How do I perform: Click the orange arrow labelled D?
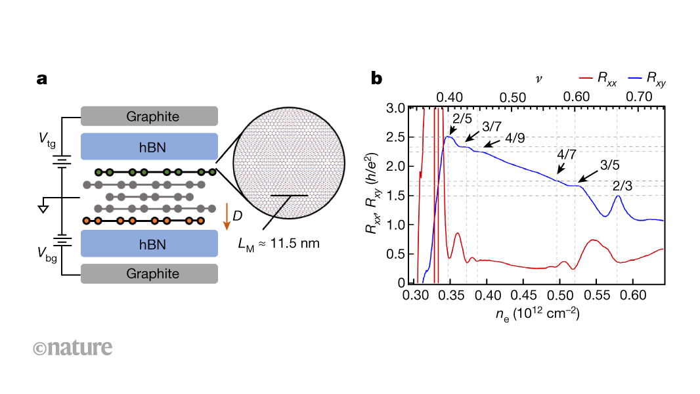click(227, 216)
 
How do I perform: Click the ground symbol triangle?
click(44, 209)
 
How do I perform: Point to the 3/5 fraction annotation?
click(610, 165)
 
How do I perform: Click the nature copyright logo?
click(72, 347)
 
